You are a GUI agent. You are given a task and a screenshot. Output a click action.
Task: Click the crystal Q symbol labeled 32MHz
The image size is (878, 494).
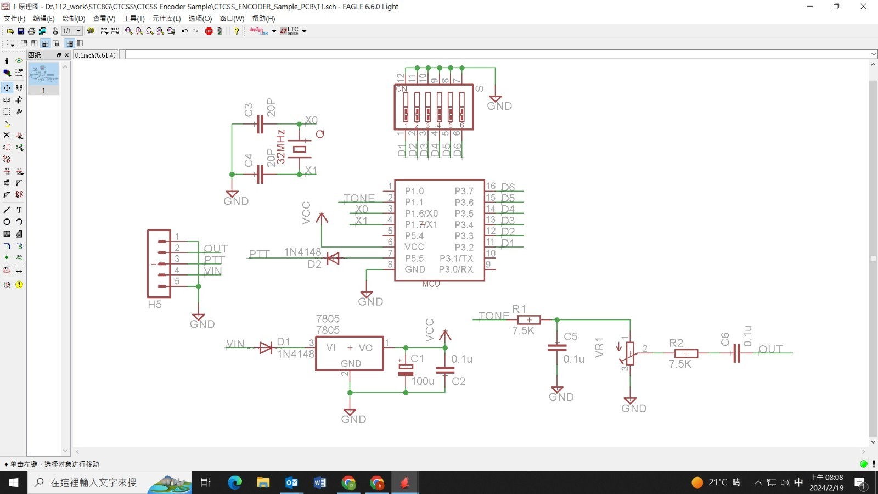[x=299, y=149]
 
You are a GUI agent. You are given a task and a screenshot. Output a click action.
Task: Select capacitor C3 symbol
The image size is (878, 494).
[x=260, y=125]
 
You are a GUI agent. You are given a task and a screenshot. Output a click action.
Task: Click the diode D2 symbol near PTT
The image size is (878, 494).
[x=333, y=258]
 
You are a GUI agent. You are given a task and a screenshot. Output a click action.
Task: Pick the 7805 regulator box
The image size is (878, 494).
[x=350, y=353]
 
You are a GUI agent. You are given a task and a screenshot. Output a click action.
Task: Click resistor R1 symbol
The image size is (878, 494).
[x=529, y=320]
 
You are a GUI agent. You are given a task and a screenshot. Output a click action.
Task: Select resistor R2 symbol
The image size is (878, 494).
[x=686, y=353]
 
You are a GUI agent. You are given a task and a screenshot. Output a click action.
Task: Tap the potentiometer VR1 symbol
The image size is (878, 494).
[x=630, y=353]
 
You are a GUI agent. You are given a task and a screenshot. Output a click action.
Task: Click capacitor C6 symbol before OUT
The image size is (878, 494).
[x=736, y=353]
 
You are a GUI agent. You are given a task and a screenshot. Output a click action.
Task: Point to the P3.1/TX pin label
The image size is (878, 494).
[x=456, y=258]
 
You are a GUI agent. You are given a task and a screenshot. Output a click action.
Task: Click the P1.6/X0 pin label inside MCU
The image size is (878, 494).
[x=421, y=214]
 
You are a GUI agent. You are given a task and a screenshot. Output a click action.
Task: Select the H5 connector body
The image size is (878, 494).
[x=159, y=263]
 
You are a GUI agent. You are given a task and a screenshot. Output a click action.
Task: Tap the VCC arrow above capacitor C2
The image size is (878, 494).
[x=445, y=334]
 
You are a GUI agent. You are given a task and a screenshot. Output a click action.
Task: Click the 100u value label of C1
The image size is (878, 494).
[x=423, y=381]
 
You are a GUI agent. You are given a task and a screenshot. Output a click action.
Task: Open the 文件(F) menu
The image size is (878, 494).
[x=15, y=19]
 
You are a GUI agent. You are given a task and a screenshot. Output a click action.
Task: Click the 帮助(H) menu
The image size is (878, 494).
[x=263, y=19]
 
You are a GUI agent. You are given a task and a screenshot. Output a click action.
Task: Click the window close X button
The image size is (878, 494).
[x=863, y=7]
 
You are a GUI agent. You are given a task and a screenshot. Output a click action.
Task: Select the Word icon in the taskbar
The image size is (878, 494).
[x=320, y=482]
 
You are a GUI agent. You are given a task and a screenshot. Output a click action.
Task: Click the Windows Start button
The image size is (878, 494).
[x=14, y=482]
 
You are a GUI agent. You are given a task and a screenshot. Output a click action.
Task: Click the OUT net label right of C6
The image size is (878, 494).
[x=770, y=349]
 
